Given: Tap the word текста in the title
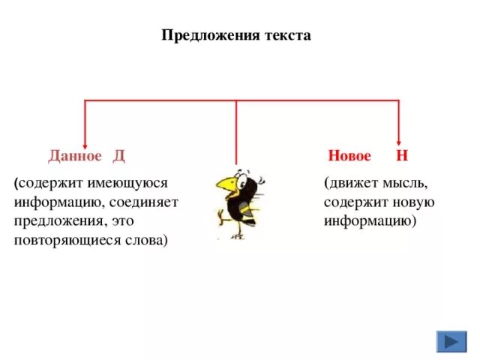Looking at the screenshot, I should [x=285, y=36].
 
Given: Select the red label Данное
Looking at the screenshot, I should [x=74, y=156].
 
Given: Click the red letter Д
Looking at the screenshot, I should [x=118, y=156].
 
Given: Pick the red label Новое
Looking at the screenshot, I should [x=349, y=156].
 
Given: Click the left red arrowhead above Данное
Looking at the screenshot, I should [x=85, y=143].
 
